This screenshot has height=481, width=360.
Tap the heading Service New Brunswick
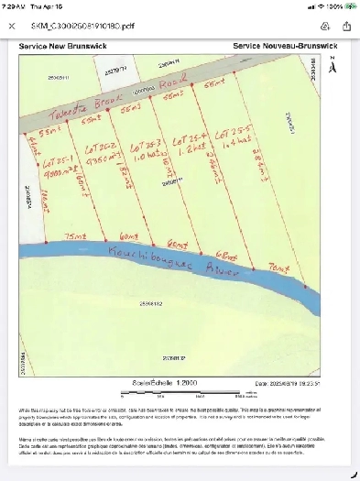pos(70,44)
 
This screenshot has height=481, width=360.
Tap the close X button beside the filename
pos(12,27)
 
